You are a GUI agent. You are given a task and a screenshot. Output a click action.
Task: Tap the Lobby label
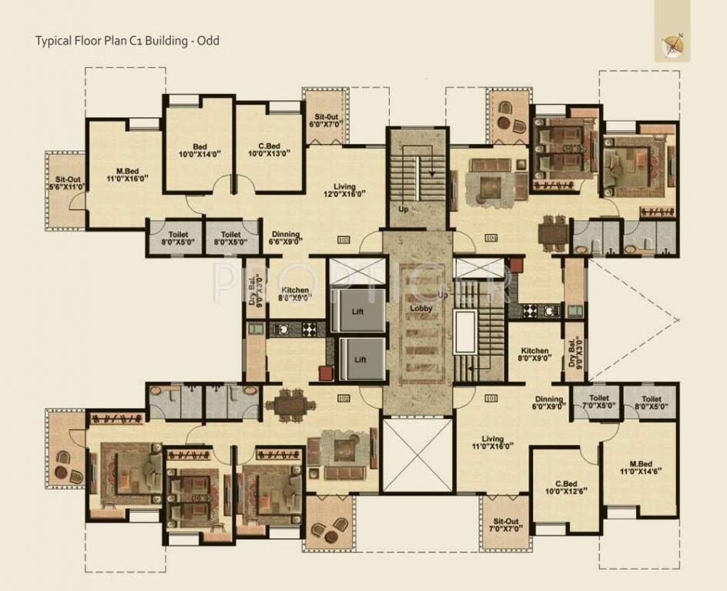421,308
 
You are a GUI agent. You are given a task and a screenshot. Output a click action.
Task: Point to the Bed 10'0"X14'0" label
199,149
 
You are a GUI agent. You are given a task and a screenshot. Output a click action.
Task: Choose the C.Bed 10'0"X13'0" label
269,149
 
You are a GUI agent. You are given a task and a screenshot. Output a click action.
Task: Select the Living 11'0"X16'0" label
492,442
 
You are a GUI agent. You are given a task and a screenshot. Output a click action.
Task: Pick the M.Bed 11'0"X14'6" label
641,468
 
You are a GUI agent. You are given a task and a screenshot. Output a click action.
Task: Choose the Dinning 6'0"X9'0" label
549,403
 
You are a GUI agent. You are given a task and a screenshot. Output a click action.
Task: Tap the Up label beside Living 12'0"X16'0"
403,209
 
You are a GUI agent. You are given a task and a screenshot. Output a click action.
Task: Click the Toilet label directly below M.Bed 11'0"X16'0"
176,238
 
